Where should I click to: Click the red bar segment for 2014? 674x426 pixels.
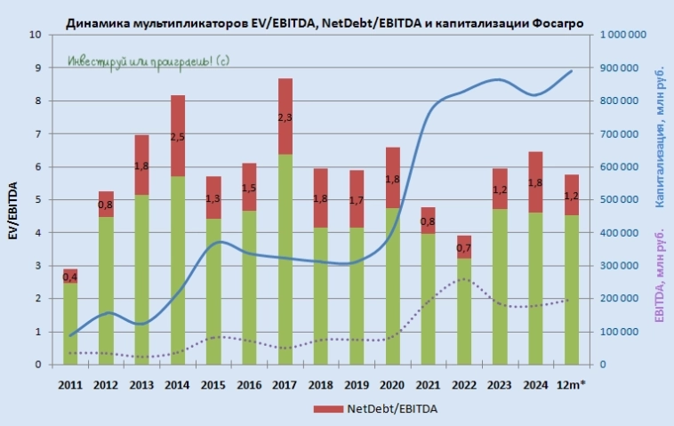click(178, 135)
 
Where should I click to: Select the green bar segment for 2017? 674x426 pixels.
click(285, 259)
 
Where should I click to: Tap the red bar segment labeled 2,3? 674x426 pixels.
click(285, 117)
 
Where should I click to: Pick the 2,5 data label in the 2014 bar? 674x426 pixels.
click(178, 136)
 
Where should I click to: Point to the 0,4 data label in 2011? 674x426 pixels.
click(70, 277)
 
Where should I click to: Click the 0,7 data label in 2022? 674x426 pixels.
click(462, 248)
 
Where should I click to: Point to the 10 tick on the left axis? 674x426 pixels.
click(36, 36)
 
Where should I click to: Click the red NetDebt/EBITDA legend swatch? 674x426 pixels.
click(325, 409)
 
